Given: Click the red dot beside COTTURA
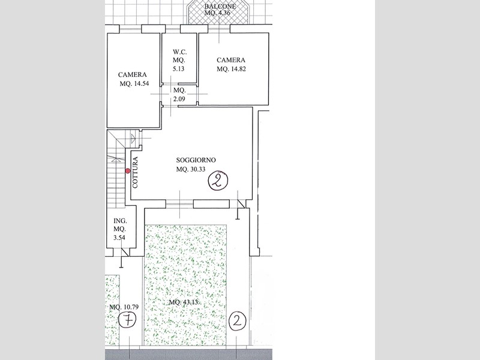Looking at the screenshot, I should [x=128, y=171].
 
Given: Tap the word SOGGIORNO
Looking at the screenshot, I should [x=196, y=160].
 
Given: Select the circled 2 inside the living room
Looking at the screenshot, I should [x=218, y=181].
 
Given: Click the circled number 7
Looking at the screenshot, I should [x=127, y=320].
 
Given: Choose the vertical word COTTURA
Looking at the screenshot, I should [x=136, y=173].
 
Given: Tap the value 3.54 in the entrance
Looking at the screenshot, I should [x=119, y=238].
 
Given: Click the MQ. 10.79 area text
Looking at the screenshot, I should [x=123, y=307].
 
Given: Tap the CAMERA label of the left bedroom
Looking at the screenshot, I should [x=133, y=75].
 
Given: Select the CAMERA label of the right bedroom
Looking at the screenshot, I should [x=232, y=60].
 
